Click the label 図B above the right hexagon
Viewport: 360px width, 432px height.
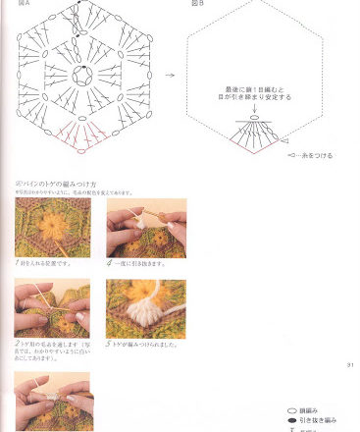tap(196, 4)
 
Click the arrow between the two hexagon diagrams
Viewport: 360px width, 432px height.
tap(170, 75)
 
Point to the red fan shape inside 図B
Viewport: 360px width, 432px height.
tap(254, 140)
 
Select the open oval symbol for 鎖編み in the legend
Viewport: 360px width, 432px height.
tap(291, 408)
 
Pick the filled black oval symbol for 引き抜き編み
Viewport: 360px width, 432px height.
tap(291, 419)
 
